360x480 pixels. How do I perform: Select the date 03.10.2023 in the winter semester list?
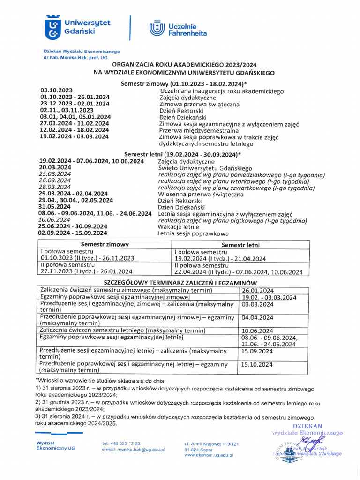click(x=56, y=90)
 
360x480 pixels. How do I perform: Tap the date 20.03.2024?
click(x=55, y=167)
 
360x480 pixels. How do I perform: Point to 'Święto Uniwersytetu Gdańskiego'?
click(x=205, y=168)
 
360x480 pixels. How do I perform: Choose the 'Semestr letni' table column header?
click(x=240, y=245)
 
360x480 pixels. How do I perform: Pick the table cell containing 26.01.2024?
click(x=257, y=290)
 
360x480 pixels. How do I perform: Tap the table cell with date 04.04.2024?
click(x=257, y=317)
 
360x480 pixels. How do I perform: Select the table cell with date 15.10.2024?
click(x=257, y=364)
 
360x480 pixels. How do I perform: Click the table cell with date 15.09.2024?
click(x=257, y=351)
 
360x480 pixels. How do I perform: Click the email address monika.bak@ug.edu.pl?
click(x=133, y=449)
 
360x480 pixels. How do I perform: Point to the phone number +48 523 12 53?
click(x=121, y=443)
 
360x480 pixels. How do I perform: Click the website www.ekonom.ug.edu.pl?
click(x=209, y=455)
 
